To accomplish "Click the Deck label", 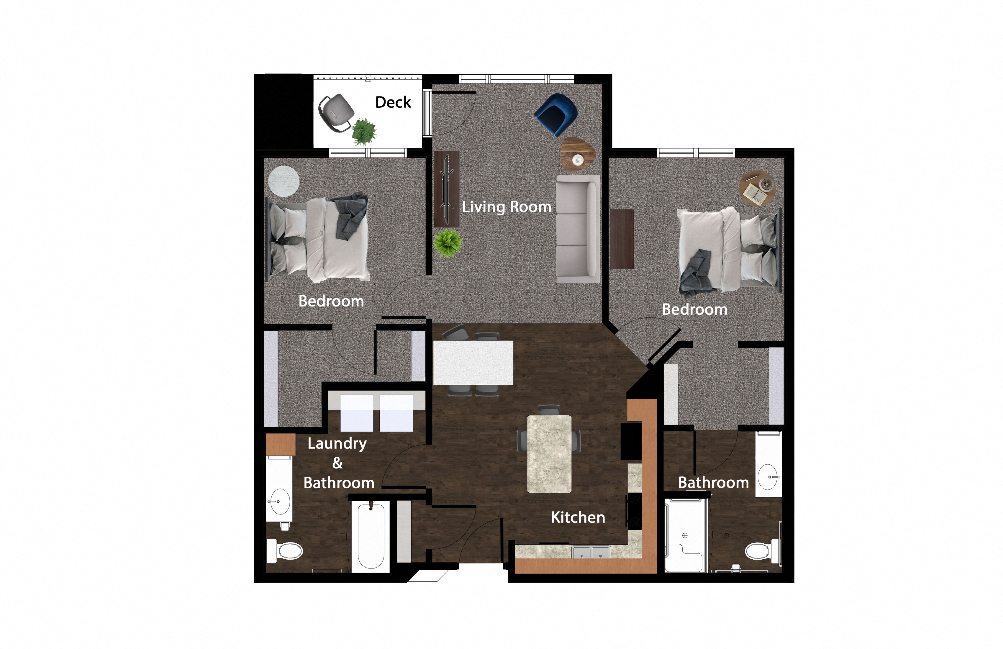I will [x=393, y=102].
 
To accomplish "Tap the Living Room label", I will [x=506, y=206].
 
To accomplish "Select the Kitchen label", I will [x=578, y=517].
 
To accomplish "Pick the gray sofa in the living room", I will [x=577, y=229].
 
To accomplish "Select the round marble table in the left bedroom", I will [x=284, y=181].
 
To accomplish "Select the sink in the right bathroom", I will [x=768, y=477].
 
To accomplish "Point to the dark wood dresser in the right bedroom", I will [x=622, y=239].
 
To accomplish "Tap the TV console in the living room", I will [x=446, y=189].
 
